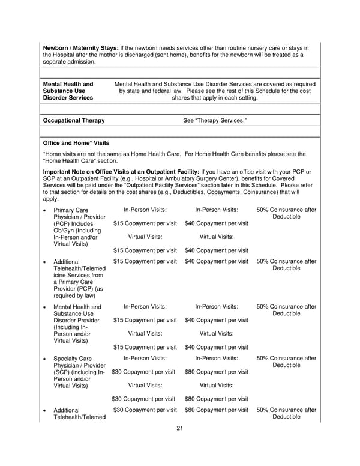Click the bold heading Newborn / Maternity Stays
[80, 47]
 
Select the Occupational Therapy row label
[74, 120]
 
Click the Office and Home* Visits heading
[76, 144]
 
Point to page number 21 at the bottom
[179, 428]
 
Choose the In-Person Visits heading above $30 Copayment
[145, 359]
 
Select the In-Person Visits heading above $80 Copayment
[217, 359]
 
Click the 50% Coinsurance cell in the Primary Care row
[286, 213]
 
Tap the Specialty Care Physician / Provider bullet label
[79, 362]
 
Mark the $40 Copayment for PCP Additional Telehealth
[217, 262]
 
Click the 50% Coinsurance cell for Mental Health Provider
[286, 310]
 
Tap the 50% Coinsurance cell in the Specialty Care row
[286, 362]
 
